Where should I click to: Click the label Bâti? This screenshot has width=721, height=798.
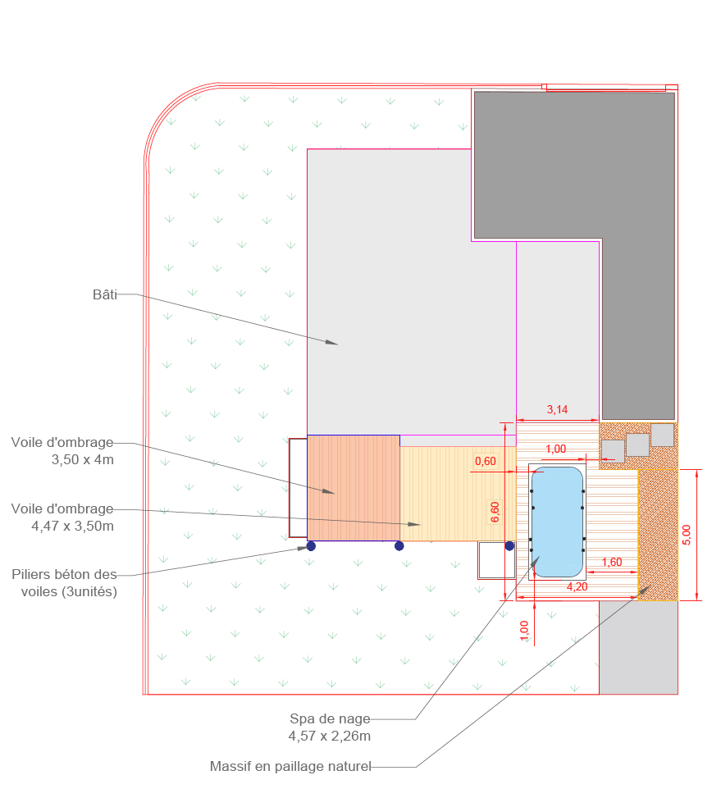(x=105, y=294)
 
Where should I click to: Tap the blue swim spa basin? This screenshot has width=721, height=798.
(x=557, y=522)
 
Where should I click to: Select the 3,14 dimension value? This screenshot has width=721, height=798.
(x=557, y=409)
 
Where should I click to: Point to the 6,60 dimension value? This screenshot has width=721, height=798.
(x=495, y=512)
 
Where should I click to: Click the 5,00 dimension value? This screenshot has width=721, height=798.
(x=687, y=535)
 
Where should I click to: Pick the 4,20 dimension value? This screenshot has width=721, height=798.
(x=577, y=586)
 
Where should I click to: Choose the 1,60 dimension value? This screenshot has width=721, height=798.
(x=612, y=562)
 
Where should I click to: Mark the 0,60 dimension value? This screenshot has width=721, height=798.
(x=486, y=461)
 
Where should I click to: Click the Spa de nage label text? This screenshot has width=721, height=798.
(x=330, y=718)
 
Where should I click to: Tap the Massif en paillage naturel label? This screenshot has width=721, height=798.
(x=290, y=766)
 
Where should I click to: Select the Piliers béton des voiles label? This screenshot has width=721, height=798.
(x=65, y=583)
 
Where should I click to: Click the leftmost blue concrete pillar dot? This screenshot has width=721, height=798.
(x=311, y=546)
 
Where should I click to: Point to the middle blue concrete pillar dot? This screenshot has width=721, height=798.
(x=399, y=546)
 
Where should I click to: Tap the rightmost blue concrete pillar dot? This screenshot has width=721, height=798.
(x=509, y=546)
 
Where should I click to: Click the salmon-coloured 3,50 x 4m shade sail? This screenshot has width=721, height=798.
(x=354, y=487)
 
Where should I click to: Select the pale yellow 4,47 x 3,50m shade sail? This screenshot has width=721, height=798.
(x=458, y=494)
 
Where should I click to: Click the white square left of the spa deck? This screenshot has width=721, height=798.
(x=496, y=560)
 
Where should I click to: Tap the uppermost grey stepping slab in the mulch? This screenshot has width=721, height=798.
(x=663, y=435)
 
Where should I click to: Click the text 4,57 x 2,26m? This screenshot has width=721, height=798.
(x=330, y=736)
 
